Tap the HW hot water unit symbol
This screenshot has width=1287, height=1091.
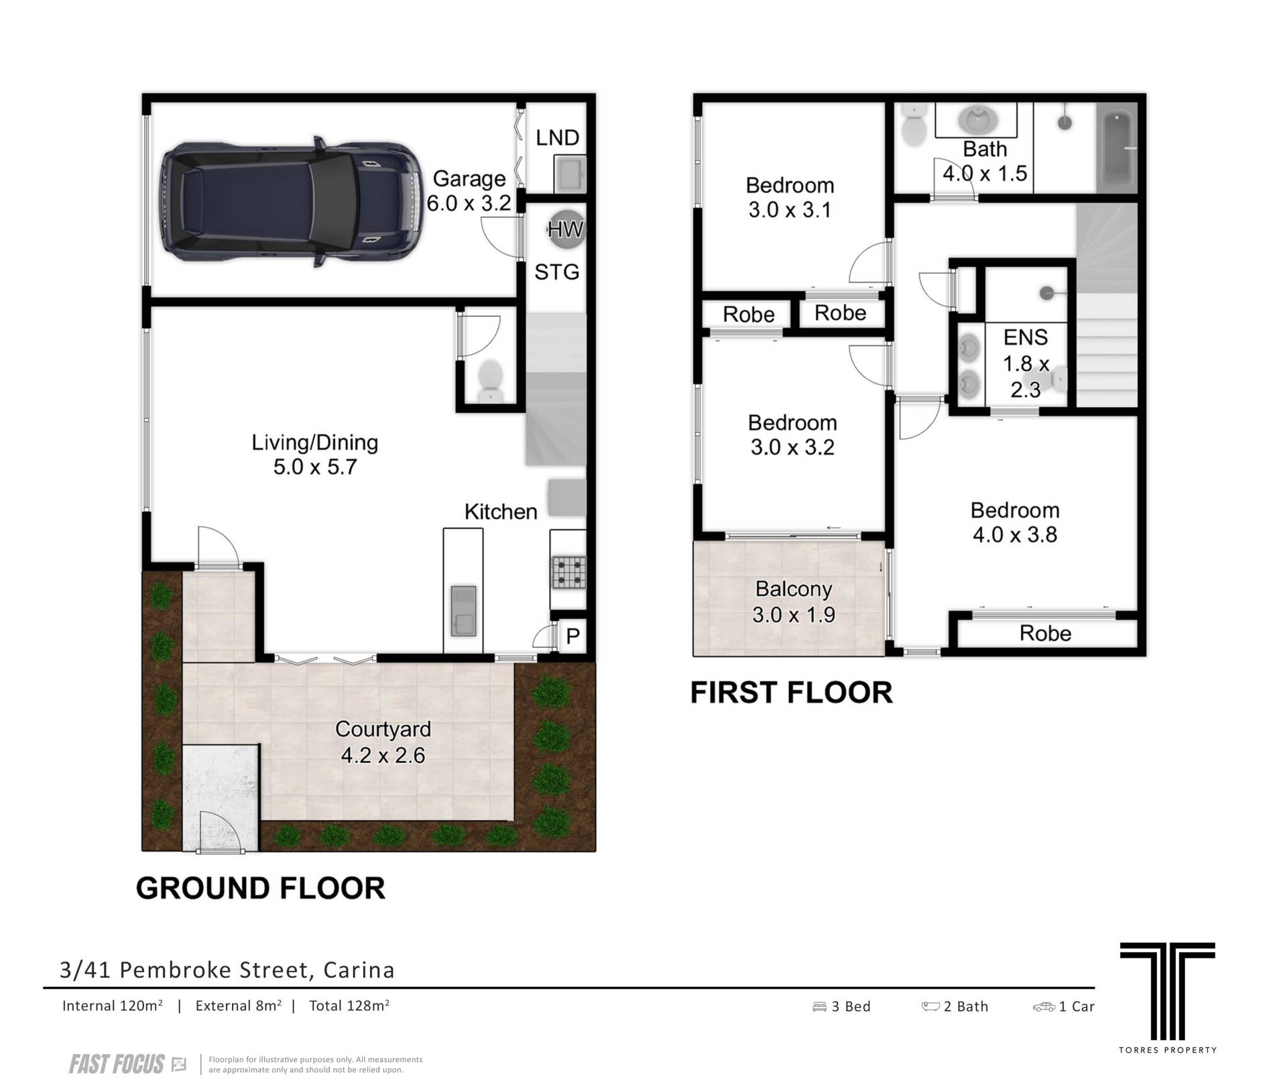pos(566,229)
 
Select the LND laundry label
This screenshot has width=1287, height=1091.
pos(557,137)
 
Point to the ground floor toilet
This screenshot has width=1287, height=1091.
pos(491,380)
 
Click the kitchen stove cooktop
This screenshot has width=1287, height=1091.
pos(568,573)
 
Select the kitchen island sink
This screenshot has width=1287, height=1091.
pos(463,610)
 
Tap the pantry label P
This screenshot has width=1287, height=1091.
pos(572,636)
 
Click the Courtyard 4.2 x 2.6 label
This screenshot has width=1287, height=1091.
pos(383,742)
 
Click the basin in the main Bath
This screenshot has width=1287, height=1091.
pos(977,121)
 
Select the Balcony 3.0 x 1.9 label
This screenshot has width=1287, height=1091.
pos(794,601)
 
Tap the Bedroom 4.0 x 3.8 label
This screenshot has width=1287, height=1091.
pos(1015,522)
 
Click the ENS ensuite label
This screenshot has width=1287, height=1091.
pos(1026,337)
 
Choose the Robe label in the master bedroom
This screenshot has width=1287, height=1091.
pos(1045,633)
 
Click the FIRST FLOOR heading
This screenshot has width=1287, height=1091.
pos(791,693)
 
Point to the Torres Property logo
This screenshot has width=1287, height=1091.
pos(1167,998)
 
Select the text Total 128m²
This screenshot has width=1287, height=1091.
pos(349,1005)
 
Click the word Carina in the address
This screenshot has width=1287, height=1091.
pos(359,970)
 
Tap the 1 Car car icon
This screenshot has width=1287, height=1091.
pos(1044,1007)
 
